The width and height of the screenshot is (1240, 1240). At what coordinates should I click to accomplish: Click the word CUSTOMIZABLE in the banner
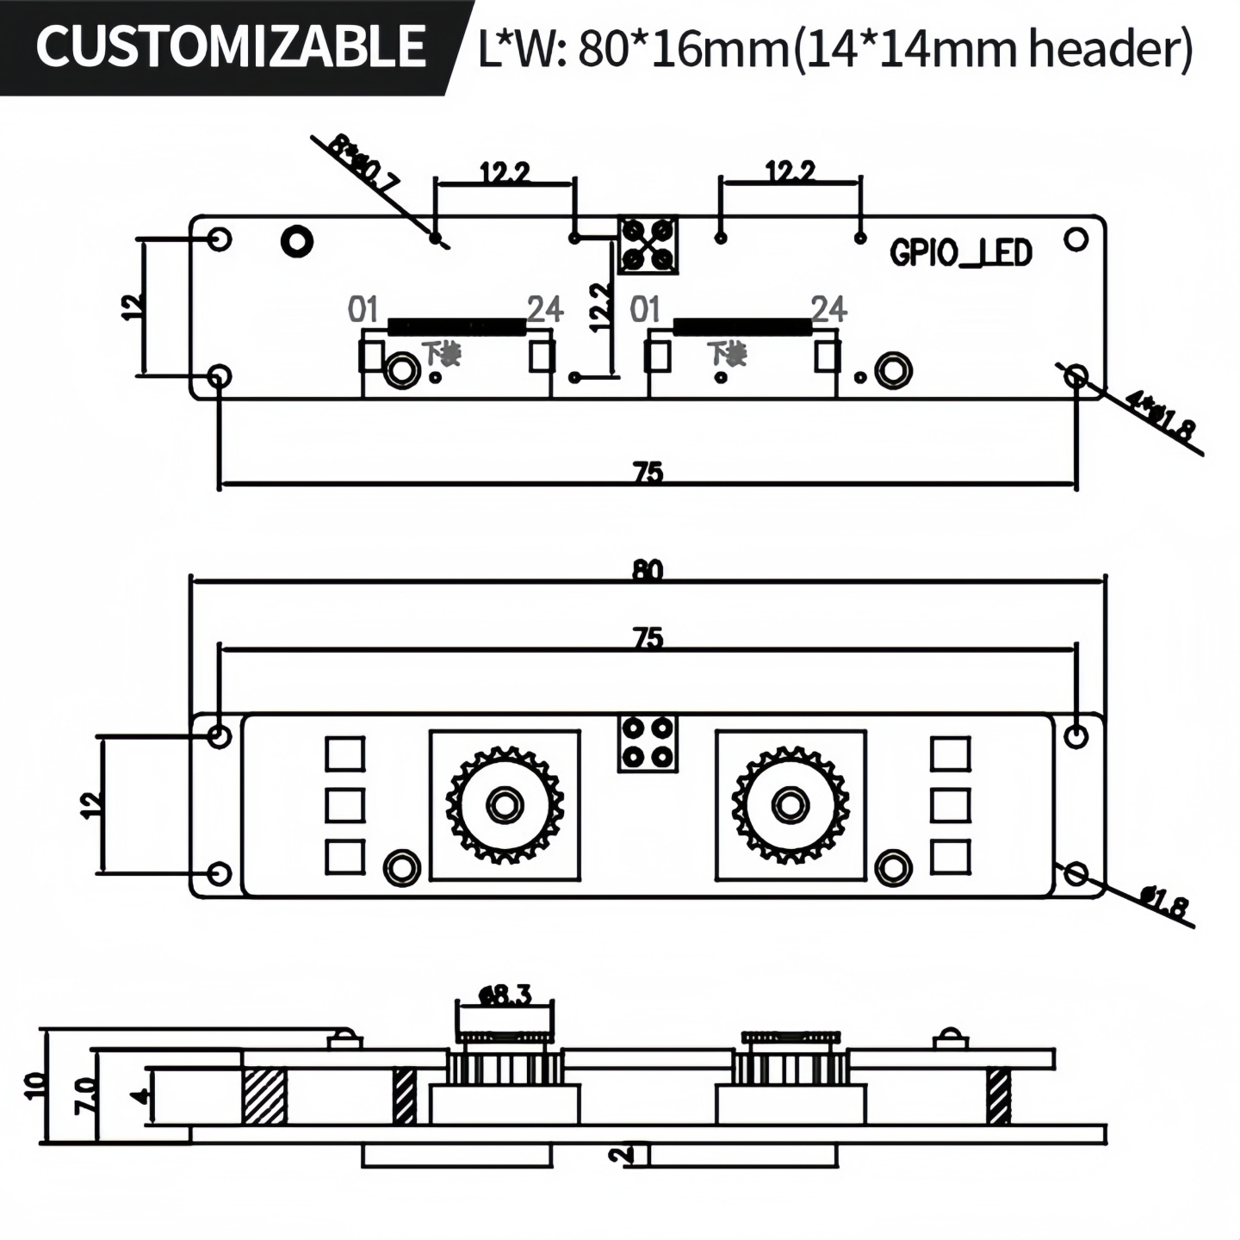tap(231, 46)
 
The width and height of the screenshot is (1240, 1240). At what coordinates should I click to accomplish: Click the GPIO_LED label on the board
tap(960, 253)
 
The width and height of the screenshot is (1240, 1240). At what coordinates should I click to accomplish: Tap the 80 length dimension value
tap(648, 570)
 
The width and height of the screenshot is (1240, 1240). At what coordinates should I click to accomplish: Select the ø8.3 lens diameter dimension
tap(505, 995)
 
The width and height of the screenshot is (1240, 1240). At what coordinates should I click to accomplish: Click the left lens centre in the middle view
tap(504, 805)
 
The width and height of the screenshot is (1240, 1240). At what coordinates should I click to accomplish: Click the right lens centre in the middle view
tap(790, 805)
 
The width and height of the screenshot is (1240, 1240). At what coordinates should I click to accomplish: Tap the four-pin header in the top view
tap(648, 245)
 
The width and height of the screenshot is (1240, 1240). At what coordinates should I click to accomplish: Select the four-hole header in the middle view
tap(648, 742)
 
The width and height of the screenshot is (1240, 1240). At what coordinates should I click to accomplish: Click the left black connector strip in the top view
tap(456, 326)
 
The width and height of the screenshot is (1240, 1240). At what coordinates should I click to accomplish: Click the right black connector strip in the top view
tap(741, 326)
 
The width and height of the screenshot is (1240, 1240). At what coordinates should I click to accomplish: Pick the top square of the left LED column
tap(344, 754)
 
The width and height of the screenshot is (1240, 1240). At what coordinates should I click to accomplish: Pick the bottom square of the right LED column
tap(951, 857)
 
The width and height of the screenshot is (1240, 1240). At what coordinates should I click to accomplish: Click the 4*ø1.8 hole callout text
tap(1162, 417)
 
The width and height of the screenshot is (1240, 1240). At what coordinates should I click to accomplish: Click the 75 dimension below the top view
tap(648, 472)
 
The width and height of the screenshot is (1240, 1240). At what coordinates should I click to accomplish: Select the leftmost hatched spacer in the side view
tap(263, 1095)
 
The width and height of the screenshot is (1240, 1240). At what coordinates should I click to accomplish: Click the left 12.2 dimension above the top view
tap(505, 173)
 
